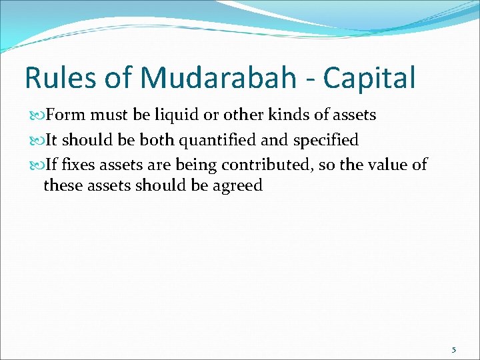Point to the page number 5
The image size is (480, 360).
(x=454, y=349)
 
